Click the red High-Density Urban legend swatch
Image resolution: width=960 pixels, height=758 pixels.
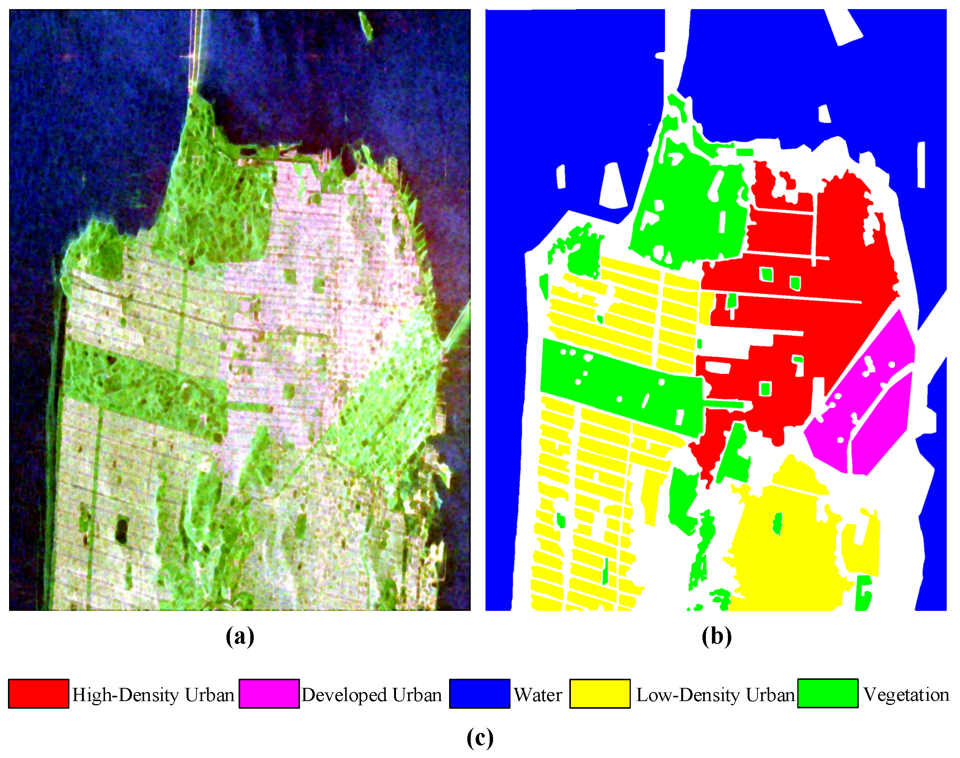tap(39, 694)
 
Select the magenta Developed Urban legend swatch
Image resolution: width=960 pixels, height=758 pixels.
tap(269, 694)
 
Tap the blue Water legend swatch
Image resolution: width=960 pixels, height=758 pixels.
tap(479, 694)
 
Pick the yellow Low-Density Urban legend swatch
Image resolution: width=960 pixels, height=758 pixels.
tap(600, 694)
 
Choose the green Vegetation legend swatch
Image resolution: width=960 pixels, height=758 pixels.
tap(827, 694)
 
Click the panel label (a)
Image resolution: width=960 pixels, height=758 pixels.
tap(240, 637)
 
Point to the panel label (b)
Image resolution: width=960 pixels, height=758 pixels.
tap(716, 637)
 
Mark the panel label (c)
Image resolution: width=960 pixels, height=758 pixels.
tap(480, 738)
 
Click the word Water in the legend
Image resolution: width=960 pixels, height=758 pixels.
tap(538, 695)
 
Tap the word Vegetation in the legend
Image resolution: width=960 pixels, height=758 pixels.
tap(906, 695)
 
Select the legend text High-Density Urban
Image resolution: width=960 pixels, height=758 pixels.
tap(153, 695)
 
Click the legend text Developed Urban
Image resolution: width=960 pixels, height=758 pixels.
tap(371, 695)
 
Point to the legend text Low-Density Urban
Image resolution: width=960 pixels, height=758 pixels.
tap(715, 695)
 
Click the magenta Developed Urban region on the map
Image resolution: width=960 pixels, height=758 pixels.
tap(870, 399)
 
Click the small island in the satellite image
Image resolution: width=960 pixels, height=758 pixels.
tap(366, 25)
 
